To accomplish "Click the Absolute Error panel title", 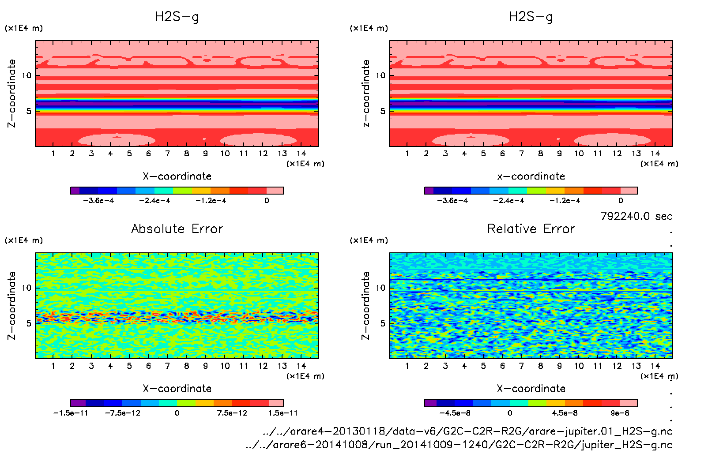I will (177, 229).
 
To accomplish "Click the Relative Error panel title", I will (531, 229).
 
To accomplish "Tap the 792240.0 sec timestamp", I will (636, 216).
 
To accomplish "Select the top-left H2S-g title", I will (177, 17).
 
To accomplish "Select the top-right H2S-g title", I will (531, 17).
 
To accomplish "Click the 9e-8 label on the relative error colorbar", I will (620, 413).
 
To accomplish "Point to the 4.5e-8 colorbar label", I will (565, 413).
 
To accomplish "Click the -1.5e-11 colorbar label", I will (71, 413).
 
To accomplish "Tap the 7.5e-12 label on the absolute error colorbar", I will (232, 413).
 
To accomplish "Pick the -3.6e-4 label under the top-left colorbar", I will (98, 201).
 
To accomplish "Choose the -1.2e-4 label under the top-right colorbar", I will (565, 201).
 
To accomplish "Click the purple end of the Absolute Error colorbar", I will (78, 403).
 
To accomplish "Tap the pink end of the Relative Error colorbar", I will (629, 403).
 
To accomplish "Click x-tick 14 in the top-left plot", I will (301, 154).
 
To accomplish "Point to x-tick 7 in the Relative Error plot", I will (521, 366).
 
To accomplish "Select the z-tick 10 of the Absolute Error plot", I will (26, 288).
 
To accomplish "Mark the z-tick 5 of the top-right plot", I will (383, 111).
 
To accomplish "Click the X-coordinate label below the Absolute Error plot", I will (177, 389).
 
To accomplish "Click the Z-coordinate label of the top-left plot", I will (12, 94).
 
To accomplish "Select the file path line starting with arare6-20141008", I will (459, 445).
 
